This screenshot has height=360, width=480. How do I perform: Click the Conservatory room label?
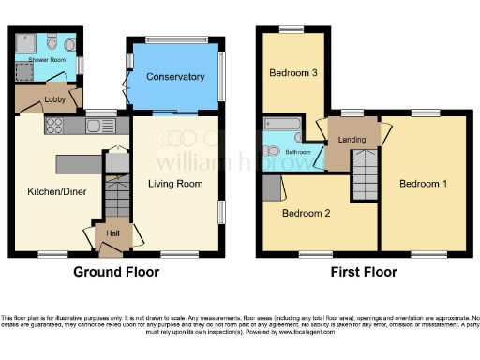[x=175, y=77]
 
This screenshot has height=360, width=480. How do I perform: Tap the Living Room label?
[x=175, y=184]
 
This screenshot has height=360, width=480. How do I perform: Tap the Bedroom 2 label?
[x=307, y=213]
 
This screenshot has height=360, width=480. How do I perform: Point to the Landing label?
[x=352, y=140]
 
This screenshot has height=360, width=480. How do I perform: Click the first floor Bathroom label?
[x=298, y=151]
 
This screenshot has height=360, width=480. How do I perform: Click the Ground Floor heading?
[x=116, y=273]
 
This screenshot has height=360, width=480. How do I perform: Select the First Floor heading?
[x=364, y=273]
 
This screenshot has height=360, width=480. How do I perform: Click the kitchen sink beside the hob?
[x=97, y=126]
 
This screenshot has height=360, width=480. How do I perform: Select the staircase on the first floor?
[x=365, y=178]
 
